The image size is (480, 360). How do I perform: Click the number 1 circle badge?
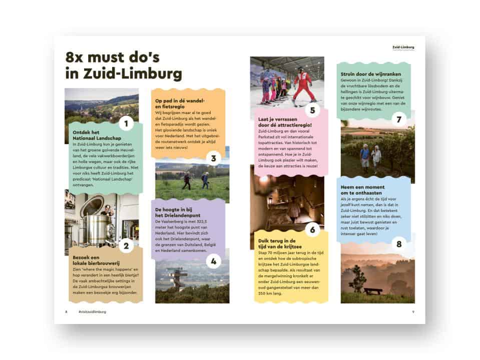[x=126, y=123]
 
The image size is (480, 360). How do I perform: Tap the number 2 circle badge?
[x=126, y=245]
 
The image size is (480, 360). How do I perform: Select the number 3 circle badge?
[x=213, y=159]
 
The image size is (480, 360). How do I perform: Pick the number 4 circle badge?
[x=213, y=260]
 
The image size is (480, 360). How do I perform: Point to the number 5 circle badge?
[x=312, y=110]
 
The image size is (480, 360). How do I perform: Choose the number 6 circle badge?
[x=312, y=230]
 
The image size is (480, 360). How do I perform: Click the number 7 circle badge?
[x=398, y=119]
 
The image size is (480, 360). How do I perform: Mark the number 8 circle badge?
[x=398, y=244]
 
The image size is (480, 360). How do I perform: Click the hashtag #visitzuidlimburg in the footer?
[x=92, y=311]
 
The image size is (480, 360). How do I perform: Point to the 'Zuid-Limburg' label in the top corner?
[x=403, y=47]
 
